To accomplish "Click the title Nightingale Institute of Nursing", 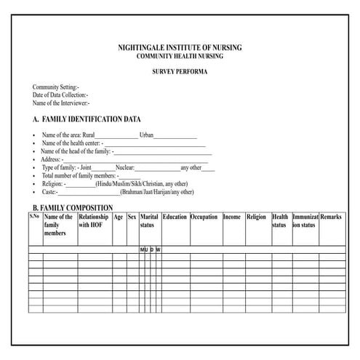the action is pyautogui.click(x=179, y=47).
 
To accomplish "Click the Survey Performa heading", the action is pyautogui.click(x=179, y=72).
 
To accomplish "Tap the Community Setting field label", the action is pyautogui.click(x=56, y=87).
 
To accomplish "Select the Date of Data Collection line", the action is pyautogui.click(x=60, y=95).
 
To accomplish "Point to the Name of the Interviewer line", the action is pyautogui.click(x=61, y=103).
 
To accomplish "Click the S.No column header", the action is pyautogui.click(x=34, y=217).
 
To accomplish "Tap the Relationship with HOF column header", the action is pyautogui.click(x=93, y=221).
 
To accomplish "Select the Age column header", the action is pyautogui.click(x=118, y=217).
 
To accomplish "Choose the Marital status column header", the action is pyautogui.click(x=149, y=221).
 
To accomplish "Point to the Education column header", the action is pyautogui.click(x=175, y=217).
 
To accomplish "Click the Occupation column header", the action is pyautogui.click(x=204, y=217).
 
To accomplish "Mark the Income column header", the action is pyautogui.click(x=232, y=217).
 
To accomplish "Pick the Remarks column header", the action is pyautogui.click(x=331, y=217).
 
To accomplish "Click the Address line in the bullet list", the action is pyautogui.click(x=51, y=159).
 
